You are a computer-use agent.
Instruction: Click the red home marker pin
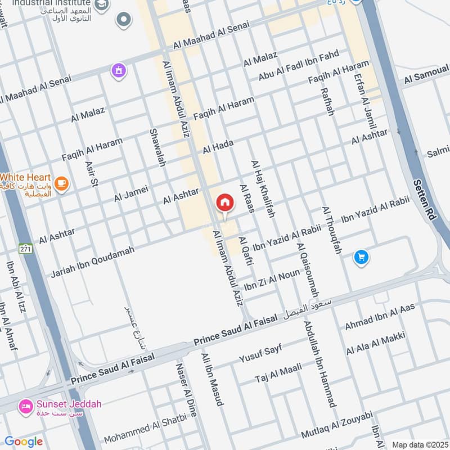[224, 203]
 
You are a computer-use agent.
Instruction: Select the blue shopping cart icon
[361, 257]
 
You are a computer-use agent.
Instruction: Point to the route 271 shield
[25, 249]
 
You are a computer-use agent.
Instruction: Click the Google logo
[23, 442]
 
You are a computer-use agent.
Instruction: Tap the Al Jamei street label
[130, 194]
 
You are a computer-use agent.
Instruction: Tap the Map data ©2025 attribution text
[419, 444]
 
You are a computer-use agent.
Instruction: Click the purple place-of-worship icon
[119, 70]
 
